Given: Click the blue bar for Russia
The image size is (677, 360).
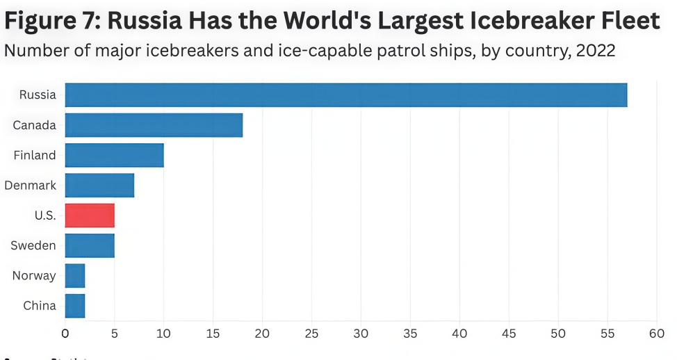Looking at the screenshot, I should click(x=345, y=95).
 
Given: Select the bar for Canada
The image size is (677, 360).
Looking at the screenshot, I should click(x=154, y=125).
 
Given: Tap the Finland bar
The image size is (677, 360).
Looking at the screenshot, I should click(x=114, y=155).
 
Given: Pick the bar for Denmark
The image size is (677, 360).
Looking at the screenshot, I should click(x=99, y=186).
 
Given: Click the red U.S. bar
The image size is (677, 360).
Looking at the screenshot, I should click(x=90, y=215).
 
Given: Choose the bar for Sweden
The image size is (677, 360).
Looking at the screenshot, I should click(x=90, y=246).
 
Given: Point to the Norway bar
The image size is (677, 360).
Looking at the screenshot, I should click(x=75, y=276).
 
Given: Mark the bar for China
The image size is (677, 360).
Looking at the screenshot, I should click(x=75, y=306).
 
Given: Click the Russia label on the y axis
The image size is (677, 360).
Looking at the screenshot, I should click(x=38, y=95).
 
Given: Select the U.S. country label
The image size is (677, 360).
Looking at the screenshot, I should click(x=44, y=215).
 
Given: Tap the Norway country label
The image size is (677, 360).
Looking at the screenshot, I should click(x=34, y=276).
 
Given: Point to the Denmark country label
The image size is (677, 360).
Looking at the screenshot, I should click(x=30, y=186).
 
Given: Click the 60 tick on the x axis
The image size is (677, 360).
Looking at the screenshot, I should click(x=656, y=333).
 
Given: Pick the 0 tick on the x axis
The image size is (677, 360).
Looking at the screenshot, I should click(x=65, y=333).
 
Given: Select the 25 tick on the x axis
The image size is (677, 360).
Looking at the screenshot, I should click(x=311, y=333).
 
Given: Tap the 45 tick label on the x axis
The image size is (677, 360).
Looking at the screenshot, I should click(x=509, y=333).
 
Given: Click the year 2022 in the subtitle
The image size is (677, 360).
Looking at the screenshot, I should click(x=596, y=51).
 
